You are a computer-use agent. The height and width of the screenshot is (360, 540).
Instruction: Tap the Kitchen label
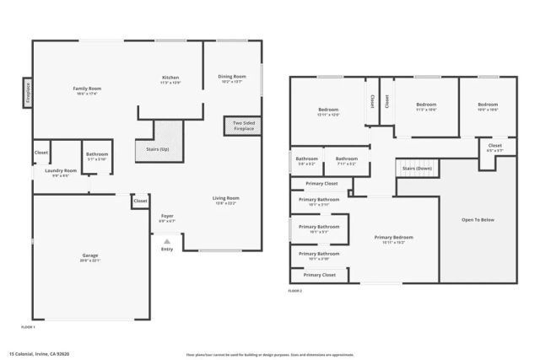pos(170,78)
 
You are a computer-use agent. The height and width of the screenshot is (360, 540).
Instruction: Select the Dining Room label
pos(232,77)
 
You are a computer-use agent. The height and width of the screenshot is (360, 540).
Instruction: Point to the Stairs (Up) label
pos(159,150)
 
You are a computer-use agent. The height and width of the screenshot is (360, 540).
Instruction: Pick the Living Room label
pos(225,198)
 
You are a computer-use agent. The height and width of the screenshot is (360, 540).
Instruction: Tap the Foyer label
pos(167,217)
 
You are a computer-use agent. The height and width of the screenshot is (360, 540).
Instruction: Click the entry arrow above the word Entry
pos(167,240)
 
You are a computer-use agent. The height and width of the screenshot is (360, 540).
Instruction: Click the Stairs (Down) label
pos(417,169)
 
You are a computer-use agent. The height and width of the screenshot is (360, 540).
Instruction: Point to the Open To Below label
pos(477,221)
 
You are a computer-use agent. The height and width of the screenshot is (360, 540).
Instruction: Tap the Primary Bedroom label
pos(394,238)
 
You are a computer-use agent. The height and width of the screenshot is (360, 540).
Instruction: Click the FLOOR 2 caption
pos(295,290)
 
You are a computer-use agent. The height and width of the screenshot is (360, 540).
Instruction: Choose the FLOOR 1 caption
pos(28,326)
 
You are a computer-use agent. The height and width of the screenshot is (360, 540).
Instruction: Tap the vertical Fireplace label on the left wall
pos(27,92)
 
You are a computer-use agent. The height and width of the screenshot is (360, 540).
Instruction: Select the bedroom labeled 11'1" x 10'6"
pos(425,107)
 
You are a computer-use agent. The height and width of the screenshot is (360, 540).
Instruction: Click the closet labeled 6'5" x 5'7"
pos(495,147)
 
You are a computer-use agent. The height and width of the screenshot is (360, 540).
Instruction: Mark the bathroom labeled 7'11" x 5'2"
pos(346,159)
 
